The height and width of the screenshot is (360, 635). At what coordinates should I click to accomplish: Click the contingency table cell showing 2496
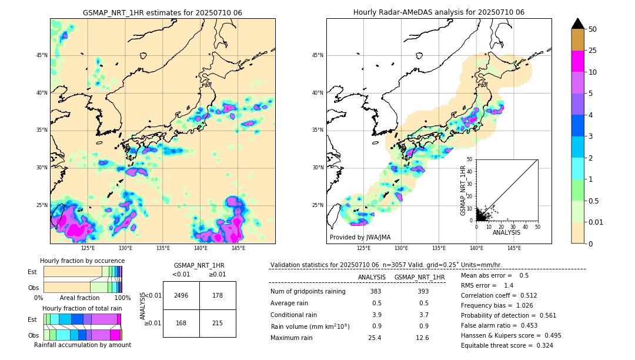click(181, 295)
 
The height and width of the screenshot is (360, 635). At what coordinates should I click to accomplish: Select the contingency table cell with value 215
click(218, 323)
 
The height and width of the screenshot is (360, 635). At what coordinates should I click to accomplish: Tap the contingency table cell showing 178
click(218, 295)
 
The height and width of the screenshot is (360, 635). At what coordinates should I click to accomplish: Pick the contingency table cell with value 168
click(181, 323)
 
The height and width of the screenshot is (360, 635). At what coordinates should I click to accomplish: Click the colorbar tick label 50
click(593, 29)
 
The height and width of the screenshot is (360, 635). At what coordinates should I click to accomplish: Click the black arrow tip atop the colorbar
click(578, 23)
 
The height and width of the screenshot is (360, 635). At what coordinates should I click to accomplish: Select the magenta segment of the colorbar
click(578, 61)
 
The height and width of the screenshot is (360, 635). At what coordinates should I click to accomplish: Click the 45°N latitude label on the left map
click(42, 55)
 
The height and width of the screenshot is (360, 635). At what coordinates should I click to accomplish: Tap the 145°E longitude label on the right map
click(514, 248)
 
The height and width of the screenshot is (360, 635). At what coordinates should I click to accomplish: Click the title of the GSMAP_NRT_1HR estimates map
click(162, 12)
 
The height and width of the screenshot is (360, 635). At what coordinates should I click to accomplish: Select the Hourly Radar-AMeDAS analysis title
click(439, 12)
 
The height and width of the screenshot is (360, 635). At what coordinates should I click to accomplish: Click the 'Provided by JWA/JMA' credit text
click(360, 237)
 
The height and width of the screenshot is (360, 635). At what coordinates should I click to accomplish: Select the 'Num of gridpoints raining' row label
click(308, 292)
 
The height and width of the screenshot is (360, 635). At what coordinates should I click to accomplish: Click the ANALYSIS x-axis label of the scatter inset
click(506, 232)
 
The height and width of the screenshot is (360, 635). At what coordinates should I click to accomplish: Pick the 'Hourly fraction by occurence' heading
click(82, 261)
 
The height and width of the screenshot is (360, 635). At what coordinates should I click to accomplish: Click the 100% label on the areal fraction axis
click(122, 298)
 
